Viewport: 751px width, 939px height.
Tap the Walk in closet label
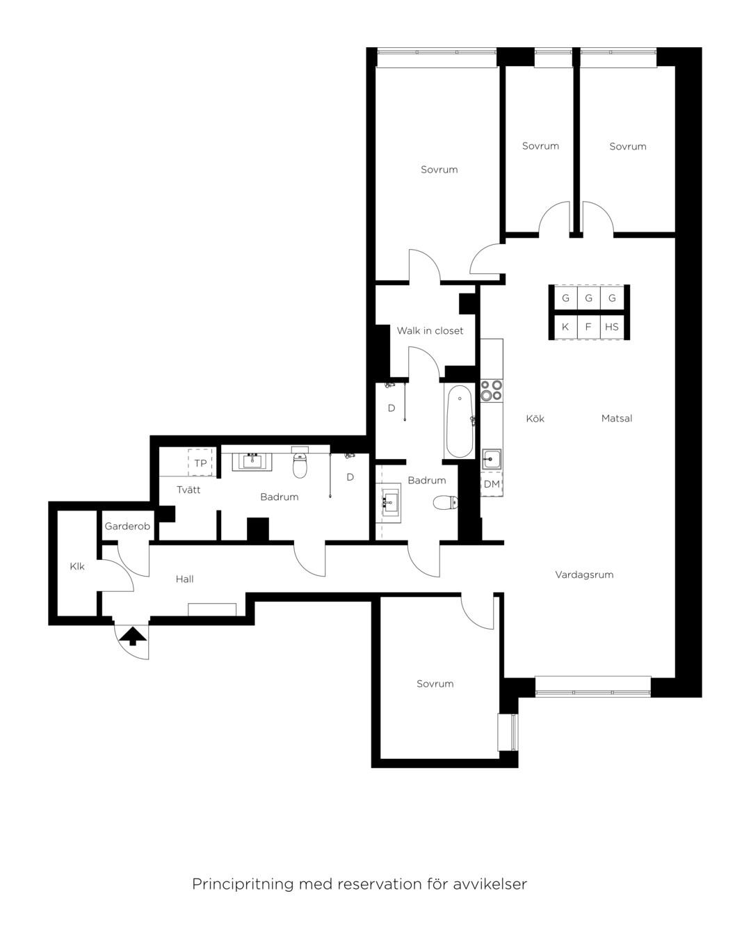pos(430,331)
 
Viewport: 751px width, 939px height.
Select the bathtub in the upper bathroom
pos(460,421)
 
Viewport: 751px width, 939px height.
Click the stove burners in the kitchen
pos(492,390)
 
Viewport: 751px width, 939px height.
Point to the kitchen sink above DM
pos(492,460)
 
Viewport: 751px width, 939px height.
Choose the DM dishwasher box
pos(492,484)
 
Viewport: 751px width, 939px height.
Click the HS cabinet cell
pos(612,327)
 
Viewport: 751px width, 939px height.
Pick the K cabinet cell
pos(565,327)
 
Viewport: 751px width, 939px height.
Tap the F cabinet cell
pos(588,327)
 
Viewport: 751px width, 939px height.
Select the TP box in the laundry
pos(200,463)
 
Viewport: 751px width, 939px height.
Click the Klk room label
pos(77,566)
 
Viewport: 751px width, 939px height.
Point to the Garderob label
pos(127,527)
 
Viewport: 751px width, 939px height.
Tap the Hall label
pos(184,579)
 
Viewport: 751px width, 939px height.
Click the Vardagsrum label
pos(584,575)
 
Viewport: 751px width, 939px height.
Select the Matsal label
pos(617,419)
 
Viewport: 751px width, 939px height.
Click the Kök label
pos(535,419)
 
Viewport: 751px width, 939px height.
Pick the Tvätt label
pos(188,490)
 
